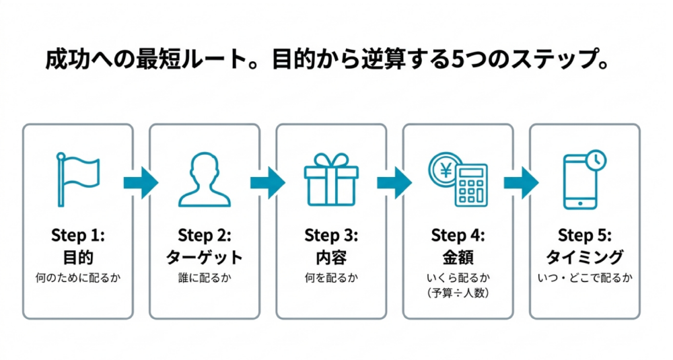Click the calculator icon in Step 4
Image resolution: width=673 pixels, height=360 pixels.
click(471, 184)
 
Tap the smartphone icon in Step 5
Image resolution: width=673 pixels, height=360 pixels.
click(580, 182)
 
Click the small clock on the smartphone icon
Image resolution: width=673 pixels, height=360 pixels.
click(596, 160)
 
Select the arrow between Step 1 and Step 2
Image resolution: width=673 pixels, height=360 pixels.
click(141, 183)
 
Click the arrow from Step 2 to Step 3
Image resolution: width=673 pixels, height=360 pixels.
click(268, 183)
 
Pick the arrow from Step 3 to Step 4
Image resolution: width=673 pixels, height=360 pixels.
click(394, 183)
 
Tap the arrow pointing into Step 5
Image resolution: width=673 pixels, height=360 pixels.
click(521, 183)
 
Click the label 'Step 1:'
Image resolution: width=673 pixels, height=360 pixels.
click(77, 236)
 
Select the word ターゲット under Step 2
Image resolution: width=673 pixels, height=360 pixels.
click(205, 257)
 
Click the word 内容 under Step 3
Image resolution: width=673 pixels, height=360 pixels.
click(331, 258)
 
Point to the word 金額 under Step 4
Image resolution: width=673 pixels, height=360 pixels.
click(458, 258)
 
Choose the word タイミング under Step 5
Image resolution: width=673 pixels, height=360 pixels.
click(585, 257)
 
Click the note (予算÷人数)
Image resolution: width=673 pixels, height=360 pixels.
click(458, 293)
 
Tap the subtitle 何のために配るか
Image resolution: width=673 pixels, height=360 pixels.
click(77, 278)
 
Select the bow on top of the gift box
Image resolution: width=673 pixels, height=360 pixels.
click(331, 160)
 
